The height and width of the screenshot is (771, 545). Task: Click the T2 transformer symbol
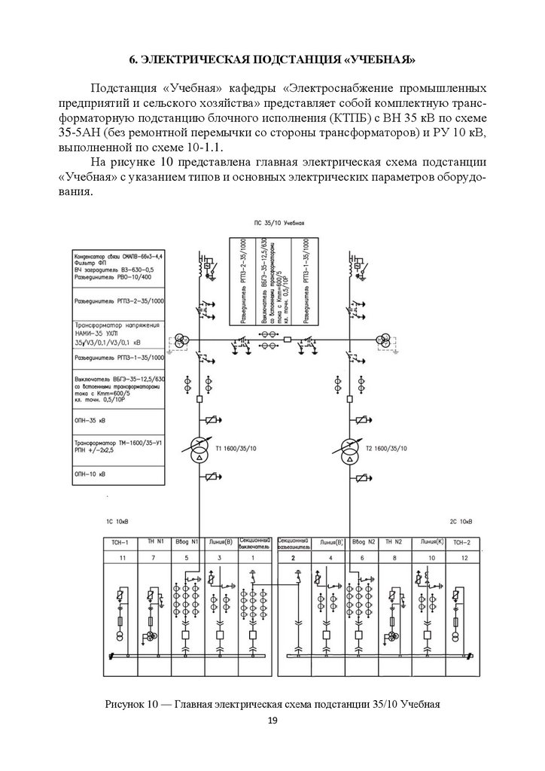(x=349, y=452)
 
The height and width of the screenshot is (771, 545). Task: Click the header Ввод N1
(x=186, y=542)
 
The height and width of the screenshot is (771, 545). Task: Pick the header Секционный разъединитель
(x=294, y=542)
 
